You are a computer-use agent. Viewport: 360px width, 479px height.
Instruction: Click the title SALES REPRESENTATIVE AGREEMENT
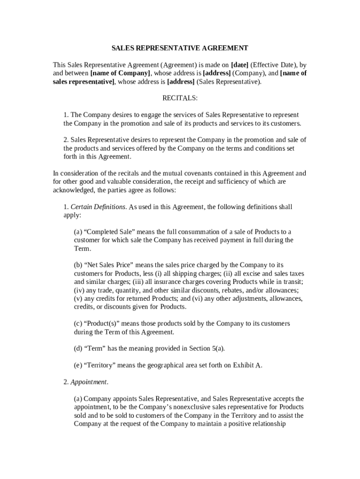pyautogui.click(x=180, y=48)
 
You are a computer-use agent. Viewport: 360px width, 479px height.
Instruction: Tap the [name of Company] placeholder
pyautogui.click(x=120, y=73)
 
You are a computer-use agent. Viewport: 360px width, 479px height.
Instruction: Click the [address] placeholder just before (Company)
pyautogui.click(x=216, y=73)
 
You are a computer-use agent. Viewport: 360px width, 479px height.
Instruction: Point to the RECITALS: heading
pyautogui.click(x=180, y=98)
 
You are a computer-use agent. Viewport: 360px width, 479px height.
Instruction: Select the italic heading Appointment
pyautogui.click(x=89, y=382)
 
